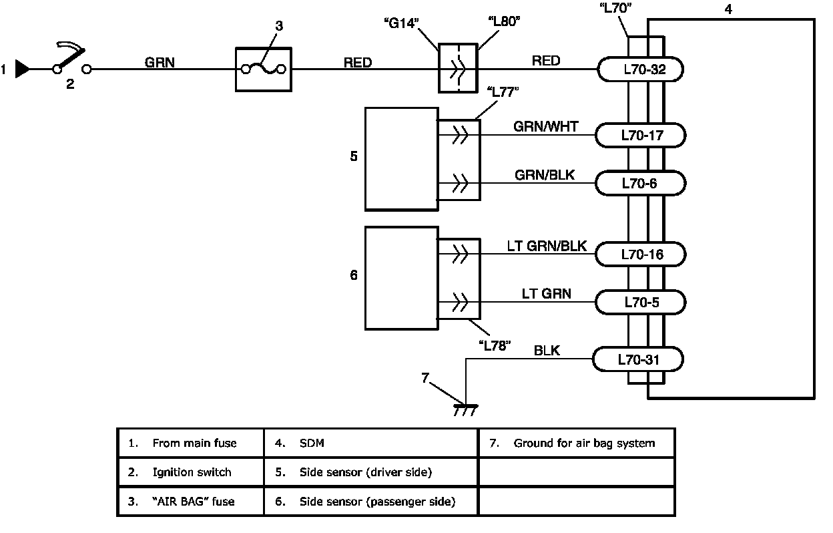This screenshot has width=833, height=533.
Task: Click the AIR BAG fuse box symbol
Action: [264, 69]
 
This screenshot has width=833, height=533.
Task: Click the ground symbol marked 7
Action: [465, 408]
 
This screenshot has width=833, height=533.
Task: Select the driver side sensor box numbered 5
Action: [400, 158]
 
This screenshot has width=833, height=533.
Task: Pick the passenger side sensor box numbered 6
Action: [400, 277]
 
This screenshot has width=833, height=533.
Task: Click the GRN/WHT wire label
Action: [546, 126]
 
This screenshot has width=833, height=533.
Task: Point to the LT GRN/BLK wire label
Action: [546, 246]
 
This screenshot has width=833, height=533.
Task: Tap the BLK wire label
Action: [547, 351]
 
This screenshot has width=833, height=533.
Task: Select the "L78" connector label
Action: [495, 345]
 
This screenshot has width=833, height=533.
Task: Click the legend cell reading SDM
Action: [371, 443]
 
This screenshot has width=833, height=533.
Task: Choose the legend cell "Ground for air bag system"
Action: [577, 443]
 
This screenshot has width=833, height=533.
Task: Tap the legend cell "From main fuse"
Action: [190, 443]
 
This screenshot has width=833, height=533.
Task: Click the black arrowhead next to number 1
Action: [23, 69]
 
